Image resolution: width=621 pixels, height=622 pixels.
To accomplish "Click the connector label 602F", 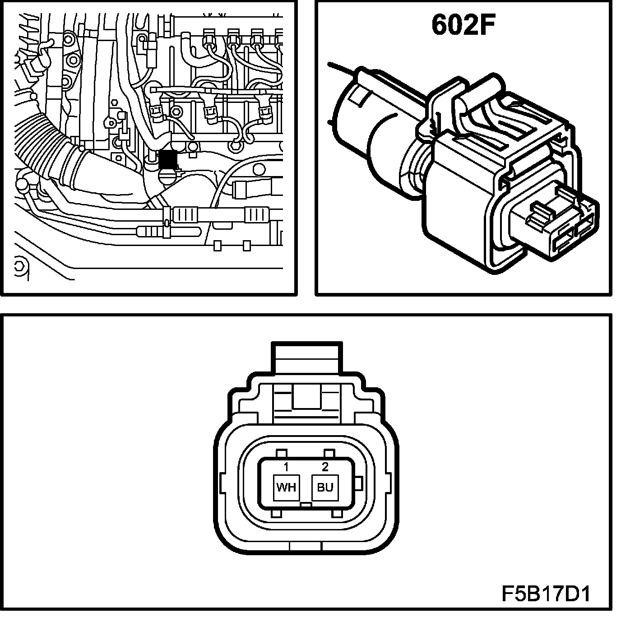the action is [x=463, y=25].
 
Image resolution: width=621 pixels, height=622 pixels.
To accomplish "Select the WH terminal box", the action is [x=286, y=487].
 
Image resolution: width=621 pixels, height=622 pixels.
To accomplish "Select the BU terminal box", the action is [x=325, y=487].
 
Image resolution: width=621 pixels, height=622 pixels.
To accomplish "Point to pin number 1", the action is [x=286, y=467].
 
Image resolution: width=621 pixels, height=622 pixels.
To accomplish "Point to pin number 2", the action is [x=325, y=466].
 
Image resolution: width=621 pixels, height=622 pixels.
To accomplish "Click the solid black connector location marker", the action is [x=168, y=160].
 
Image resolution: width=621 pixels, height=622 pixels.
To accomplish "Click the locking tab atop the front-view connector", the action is [x=306, y=358].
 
